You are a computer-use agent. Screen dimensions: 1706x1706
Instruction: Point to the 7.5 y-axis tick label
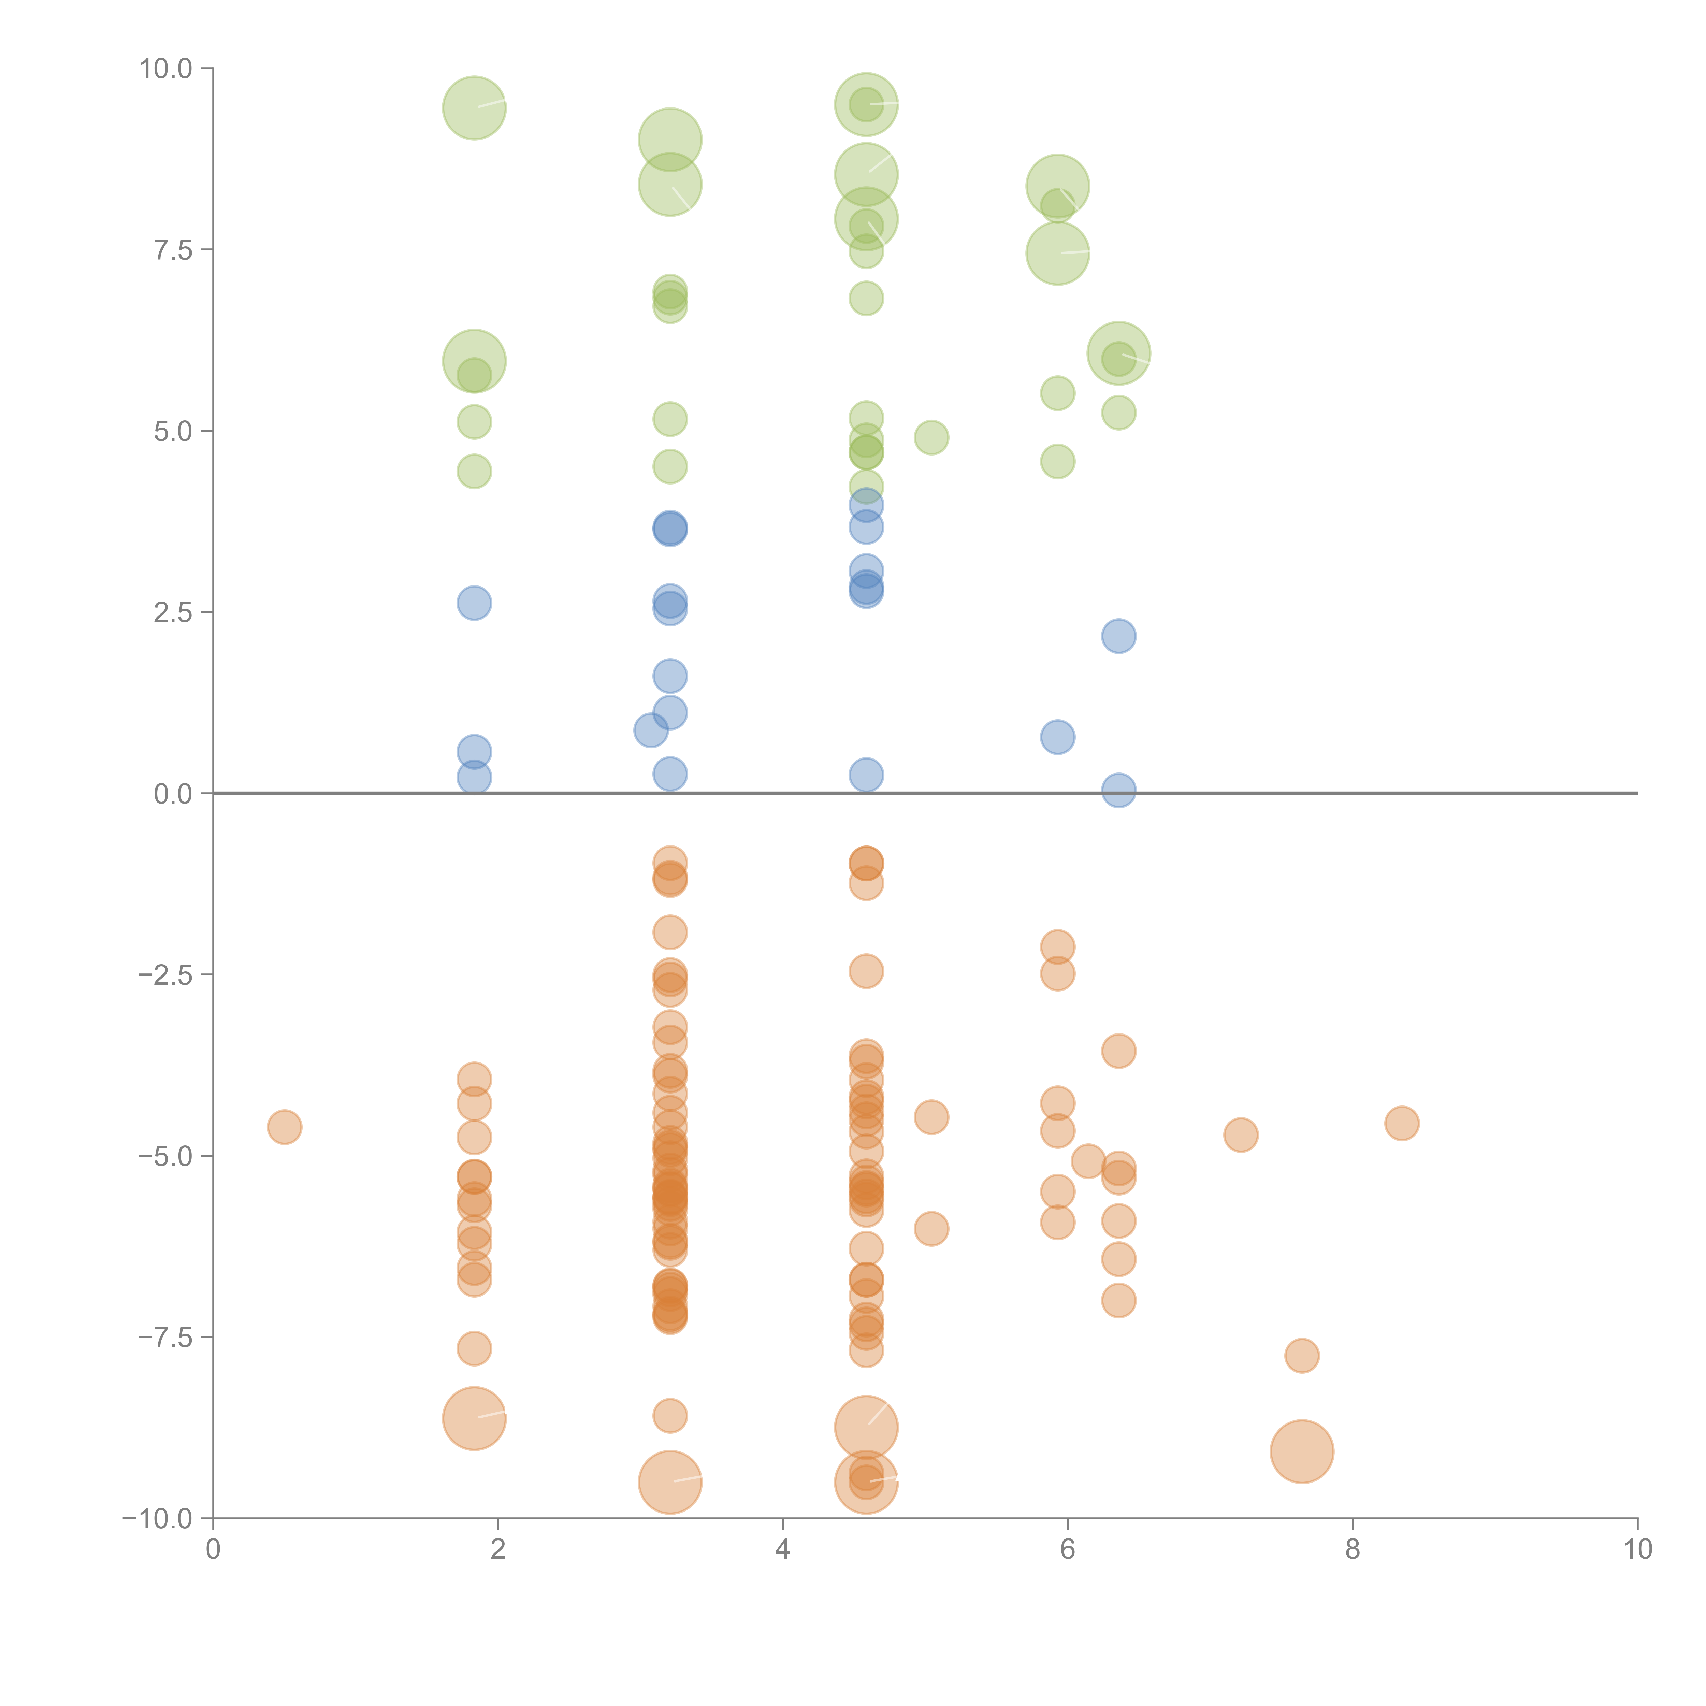pyautogui.click(x=173, y=250)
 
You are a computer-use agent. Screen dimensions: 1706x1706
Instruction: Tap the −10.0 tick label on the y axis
pyautogui.click(x=157, y=1519)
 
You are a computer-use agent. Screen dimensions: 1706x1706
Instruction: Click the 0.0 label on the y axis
pyautogui.click(x=173, y=794)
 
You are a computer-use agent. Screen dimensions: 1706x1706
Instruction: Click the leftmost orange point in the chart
pyautogui.click(x=284, y=1127)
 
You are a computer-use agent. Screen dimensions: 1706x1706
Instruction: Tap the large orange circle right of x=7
pyautogui.click(x=1302, y=1452)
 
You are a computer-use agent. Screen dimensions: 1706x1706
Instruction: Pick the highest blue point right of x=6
pyautogui.click(x=1119, y=636)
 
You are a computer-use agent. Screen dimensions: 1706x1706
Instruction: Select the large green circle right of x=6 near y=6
pyautogui.click(x=1119, y=353)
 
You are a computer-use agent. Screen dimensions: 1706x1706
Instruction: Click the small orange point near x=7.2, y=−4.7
pyautogui.click(x=1241, y=1135)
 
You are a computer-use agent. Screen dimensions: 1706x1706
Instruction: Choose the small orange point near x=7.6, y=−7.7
pyautogui.click(x=1302, y=1356)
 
